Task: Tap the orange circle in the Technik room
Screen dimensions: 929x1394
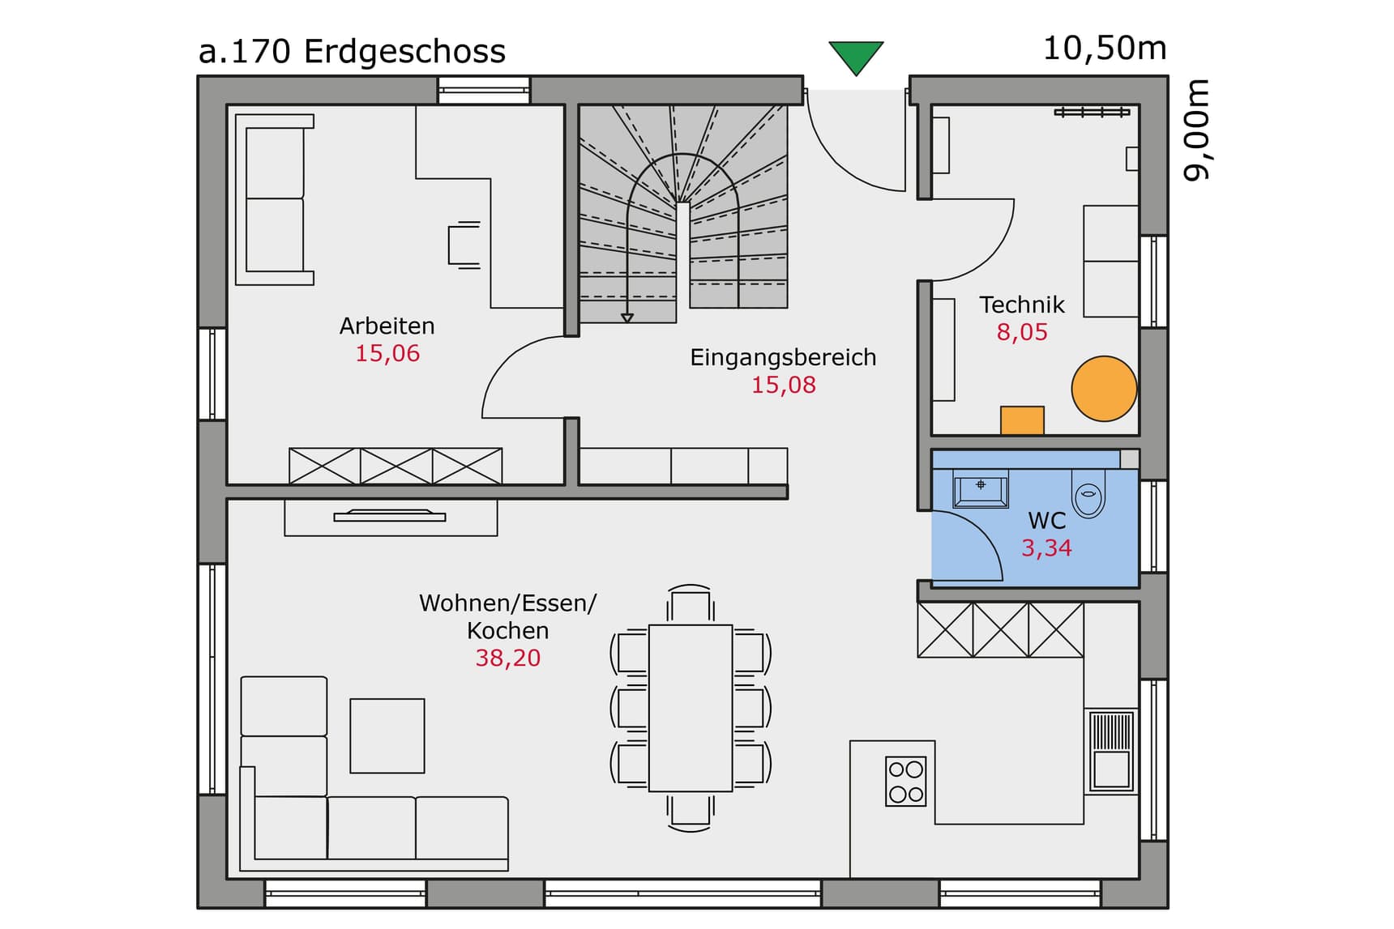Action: click(1104, 389)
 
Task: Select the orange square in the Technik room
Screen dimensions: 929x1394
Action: click(1022, 420)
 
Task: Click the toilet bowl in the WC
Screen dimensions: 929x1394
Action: click(1088, 493)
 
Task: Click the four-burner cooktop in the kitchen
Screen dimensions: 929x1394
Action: click(905, 781)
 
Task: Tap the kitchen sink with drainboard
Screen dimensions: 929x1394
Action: click(1110, 751)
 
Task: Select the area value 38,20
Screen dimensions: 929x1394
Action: click(508, 658)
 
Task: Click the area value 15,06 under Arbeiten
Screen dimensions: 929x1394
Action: click(387, 353)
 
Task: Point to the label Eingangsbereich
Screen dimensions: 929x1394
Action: click(783, 357)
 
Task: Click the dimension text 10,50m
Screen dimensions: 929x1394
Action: click(1105, 49)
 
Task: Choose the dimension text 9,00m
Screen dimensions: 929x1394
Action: click(1197, 130)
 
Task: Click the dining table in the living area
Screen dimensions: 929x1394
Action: click(691, 707)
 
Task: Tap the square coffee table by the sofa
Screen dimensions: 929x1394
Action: click(387, 735)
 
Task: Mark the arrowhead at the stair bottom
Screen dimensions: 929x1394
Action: click(627, 318)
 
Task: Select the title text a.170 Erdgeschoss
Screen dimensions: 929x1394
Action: click(352, 52)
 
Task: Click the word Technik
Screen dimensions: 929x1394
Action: click(1022, 305)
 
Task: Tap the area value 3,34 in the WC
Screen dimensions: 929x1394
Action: click(1046, 548)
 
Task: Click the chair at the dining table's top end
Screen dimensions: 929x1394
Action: click(691, 604)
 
